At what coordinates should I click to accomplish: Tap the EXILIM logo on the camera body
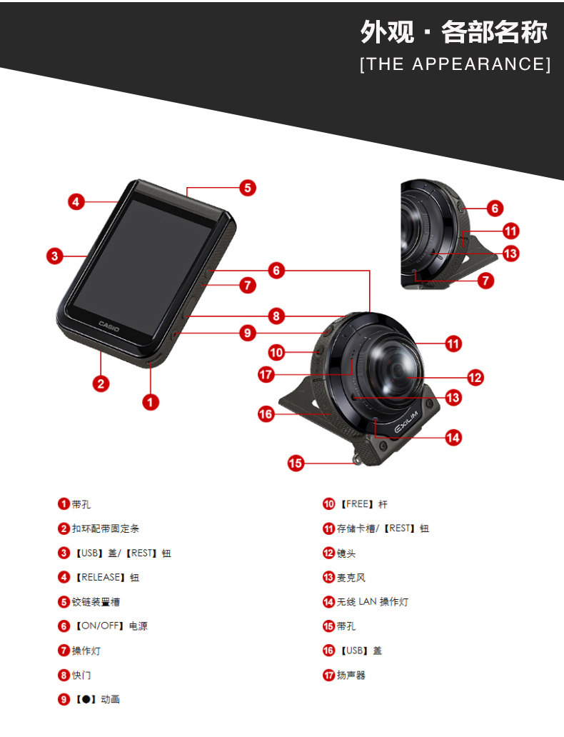coord(410,426)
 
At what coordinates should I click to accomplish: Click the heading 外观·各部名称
coord(454,32)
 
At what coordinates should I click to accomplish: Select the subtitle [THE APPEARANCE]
coord(455,64)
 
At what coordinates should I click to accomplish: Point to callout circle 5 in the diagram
coord(247,188)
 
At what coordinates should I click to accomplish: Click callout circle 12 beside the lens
coord(475,377)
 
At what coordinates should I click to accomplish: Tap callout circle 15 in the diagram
coord(296,463)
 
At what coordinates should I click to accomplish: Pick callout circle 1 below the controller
coord(150,402)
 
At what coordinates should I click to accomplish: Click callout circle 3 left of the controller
coord(56,256)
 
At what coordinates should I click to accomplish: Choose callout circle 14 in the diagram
coord(453,437)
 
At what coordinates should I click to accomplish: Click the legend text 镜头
coord(346,553)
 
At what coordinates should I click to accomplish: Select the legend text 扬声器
coord(351,675)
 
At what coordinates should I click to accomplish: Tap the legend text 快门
coord(81,675)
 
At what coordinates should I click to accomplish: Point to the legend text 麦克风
coord(351,578)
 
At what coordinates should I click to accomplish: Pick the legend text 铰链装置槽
coord(91,602)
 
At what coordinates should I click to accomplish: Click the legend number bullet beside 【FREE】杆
coord(328,504)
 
